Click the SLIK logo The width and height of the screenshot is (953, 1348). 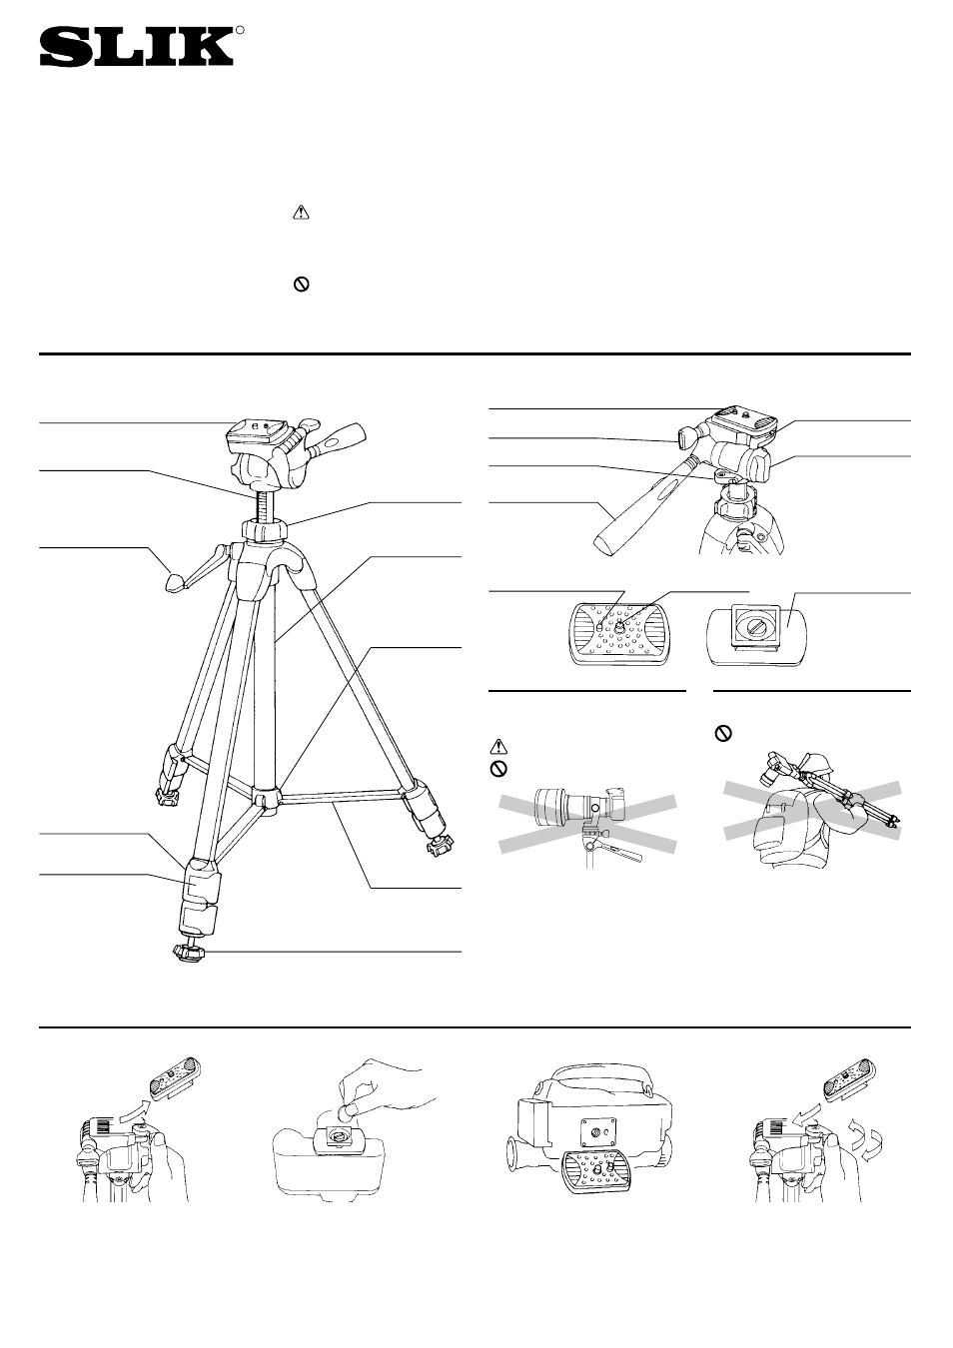136,47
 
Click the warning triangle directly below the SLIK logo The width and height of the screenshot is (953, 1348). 301,212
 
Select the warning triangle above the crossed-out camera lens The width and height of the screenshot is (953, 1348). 498,746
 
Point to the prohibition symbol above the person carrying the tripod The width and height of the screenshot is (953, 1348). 721,733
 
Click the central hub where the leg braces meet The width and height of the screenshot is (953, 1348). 265,799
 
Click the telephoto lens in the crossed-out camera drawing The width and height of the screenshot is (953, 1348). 564,804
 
